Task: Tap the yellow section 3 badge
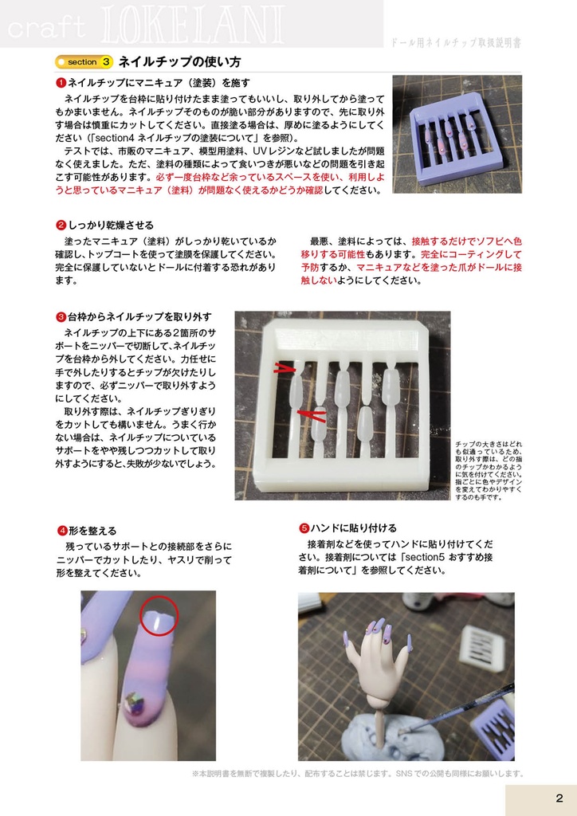coord(84,61)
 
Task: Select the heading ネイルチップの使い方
coord(179,61)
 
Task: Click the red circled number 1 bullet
coord(61,83)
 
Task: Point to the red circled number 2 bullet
coord(61,226)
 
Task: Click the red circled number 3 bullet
coord(61,317)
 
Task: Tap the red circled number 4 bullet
coord(61,531)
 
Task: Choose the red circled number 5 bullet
coord(304,528)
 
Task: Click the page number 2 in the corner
coord(559,798)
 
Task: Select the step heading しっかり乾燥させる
coord(111,226)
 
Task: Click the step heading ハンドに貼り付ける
coord(353,528)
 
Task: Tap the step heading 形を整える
coord(92,531)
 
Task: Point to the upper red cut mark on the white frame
coord(283,368)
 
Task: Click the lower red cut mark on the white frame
coord(312,414)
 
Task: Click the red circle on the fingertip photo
coord(158,616)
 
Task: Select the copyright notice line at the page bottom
coord(358,773)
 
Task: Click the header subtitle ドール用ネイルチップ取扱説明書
coord(457,43)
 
